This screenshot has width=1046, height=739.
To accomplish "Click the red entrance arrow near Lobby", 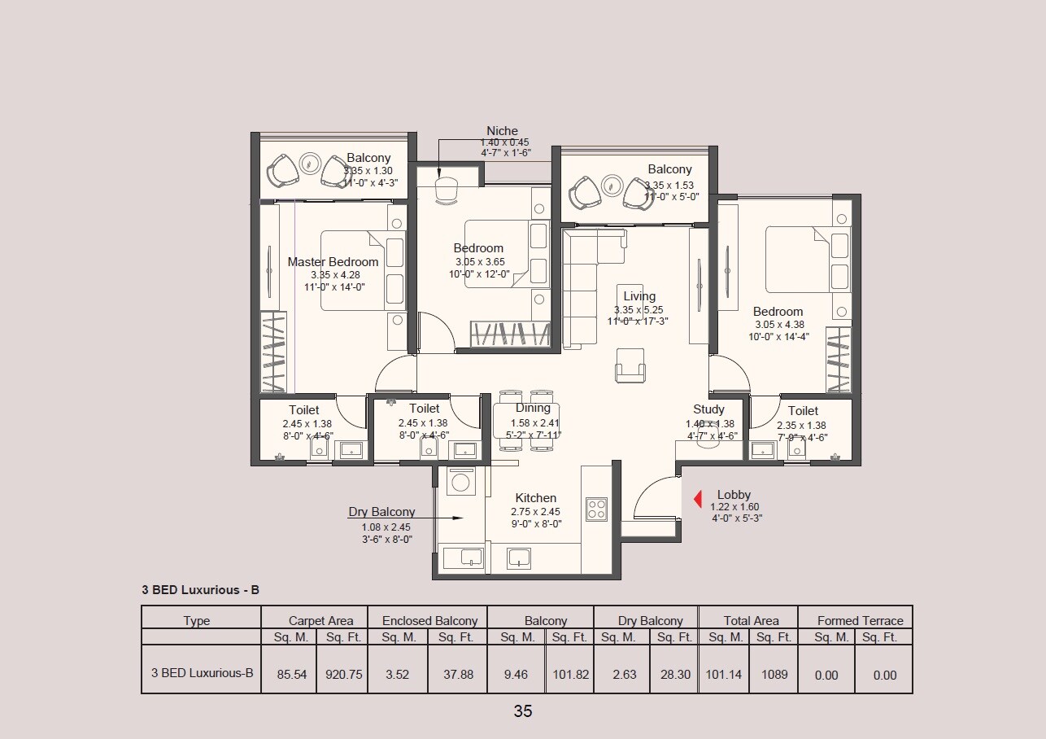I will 698,499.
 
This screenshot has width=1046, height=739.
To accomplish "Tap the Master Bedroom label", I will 333,262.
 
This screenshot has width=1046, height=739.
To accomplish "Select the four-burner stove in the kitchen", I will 597,509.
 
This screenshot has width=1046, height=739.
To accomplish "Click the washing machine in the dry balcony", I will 460,482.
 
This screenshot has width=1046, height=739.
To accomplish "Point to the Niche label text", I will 502,131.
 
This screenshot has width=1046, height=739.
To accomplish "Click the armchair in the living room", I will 630,365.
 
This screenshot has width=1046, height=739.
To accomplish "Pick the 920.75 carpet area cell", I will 342,675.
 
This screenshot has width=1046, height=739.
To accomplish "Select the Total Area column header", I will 751,620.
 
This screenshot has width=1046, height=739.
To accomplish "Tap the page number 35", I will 523,711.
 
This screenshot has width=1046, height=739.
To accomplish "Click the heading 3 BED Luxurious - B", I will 200,590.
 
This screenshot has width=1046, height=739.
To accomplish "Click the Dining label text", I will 533,408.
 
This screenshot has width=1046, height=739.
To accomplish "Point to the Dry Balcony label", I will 381,512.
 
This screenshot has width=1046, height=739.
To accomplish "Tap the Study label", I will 708,409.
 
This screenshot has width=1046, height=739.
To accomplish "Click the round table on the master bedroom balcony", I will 310,164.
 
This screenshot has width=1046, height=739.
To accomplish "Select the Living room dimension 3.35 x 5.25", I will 639,310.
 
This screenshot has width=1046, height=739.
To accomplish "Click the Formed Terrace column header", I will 860,620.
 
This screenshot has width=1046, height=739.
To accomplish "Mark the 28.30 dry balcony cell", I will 675,675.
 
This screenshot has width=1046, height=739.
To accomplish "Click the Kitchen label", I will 535,498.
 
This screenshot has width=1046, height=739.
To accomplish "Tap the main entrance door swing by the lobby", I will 655,501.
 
